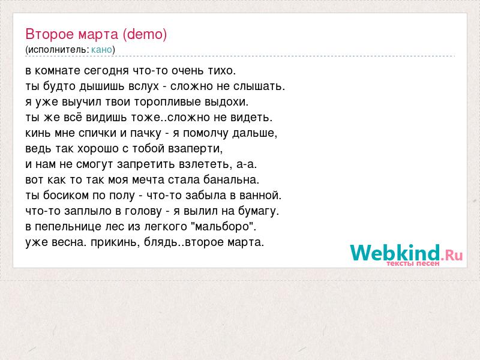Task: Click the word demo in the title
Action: click(145, 34)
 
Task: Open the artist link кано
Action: click(101, 50)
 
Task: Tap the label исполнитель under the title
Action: click(58, 50)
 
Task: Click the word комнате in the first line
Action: click(58, 71)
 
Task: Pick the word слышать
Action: click(259, 86)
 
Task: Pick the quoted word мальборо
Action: click(223, 227)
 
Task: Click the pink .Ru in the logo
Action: click(452, 254)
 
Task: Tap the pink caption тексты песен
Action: click(413, 263)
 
